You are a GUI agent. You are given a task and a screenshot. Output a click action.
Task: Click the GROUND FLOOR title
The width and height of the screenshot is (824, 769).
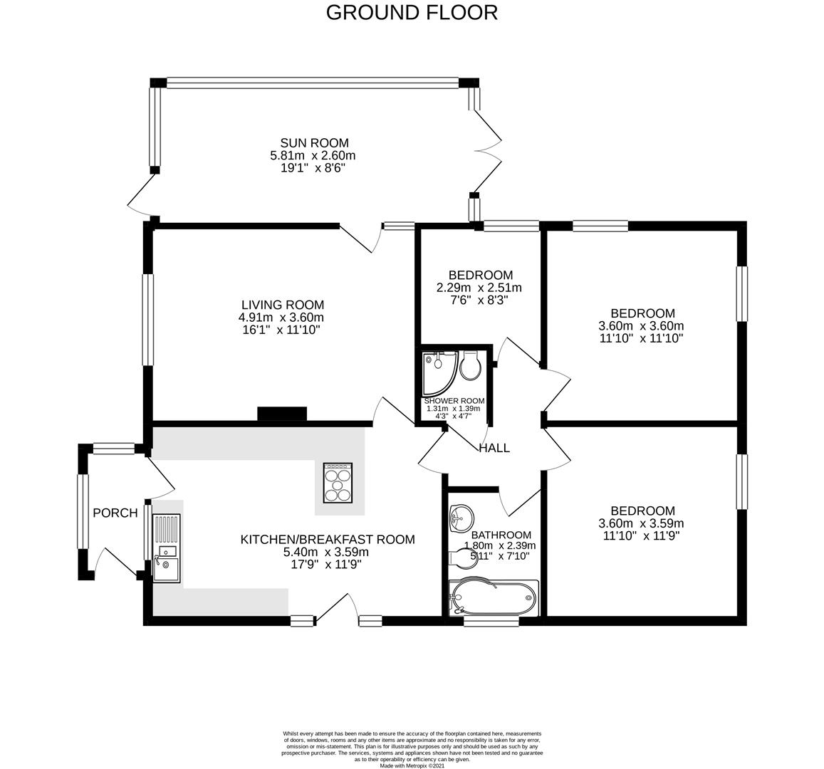pyautogui.click(x=412, y=13)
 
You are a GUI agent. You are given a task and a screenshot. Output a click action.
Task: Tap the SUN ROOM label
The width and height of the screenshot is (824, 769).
pyautogui.click(x=314, y=143)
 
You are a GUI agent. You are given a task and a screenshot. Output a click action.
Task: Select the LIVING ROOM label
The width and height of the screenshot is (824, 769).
pyautogui.click(x=283, y=305)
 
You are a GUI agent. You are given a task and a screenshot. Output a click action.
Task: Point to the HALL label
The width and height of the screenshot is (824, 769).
pyautogui.click(x=494, y=448)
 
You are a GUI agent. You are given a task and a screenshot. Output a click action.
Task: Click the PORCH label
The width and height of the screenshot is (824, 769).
pyautogui.click(x=115, y=513)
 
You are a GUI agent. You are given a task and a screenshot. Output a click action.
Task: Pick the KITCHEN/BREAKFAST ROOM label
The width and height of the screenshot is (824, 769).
pyautogui.click(x=328, y=540)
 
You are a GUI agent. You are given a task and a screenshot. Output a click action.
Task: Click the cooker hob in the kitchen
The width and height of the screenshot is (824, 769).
pyautogui.click(x=338, y=482)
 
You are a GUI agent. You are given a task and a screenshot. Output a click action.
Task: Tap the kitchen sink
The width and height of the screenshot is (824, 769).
pyautogui.click(x=167, y=548)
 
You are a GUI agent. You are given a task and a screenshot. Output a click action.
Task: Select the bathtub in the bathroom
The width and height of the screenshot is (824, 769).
pyautogui.click(x=494, y=598)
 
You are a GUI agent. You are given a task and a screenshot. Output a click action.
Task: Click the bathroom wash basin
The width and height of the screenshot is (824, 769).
pyautogui.click(x=460, y=517)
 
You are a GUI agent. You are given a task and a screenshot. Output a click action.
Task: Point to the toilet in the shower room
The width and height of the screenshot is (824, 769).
pyautogui.click(x=470, y=365)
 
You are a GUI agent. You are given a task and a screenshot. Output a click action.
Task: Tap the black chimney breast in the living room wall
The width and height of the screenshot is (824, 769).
pyautogui.click(x=282, y=414)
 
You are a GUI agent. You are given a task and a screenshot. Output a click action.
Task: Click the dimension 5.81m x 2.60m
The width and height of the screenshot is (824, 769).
pyautogui.click(x=313, y=155)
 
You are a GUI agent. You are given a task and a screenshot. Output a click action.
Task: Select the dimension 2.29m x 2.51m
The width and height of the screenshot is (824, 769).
pyautogui.click(x=479, y=288)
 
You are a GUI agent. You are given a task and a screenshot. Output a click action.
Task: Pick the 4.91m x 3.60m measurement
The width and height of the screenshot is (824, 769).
pyautogui.click(x=281, y=318)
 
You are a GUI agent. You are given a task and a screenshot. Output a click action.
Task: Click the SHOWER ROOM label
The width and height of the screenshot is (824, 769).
pyautogui.click(x=454, y=401)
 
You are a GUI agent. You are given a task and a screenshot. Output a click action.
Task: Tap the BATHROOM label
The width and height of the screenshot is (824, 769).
pyautogui.click(x=501, y=535)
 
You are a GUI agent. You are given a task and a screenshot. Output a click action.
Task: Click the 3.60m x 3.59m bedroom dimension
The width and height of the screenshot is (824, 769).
pyautogui.click(x=641, y=523)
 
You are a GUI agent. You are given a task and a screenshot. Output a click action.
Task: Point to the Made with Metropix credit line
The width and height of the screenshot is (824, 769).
pyautogui.click(x=412, y=766)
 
